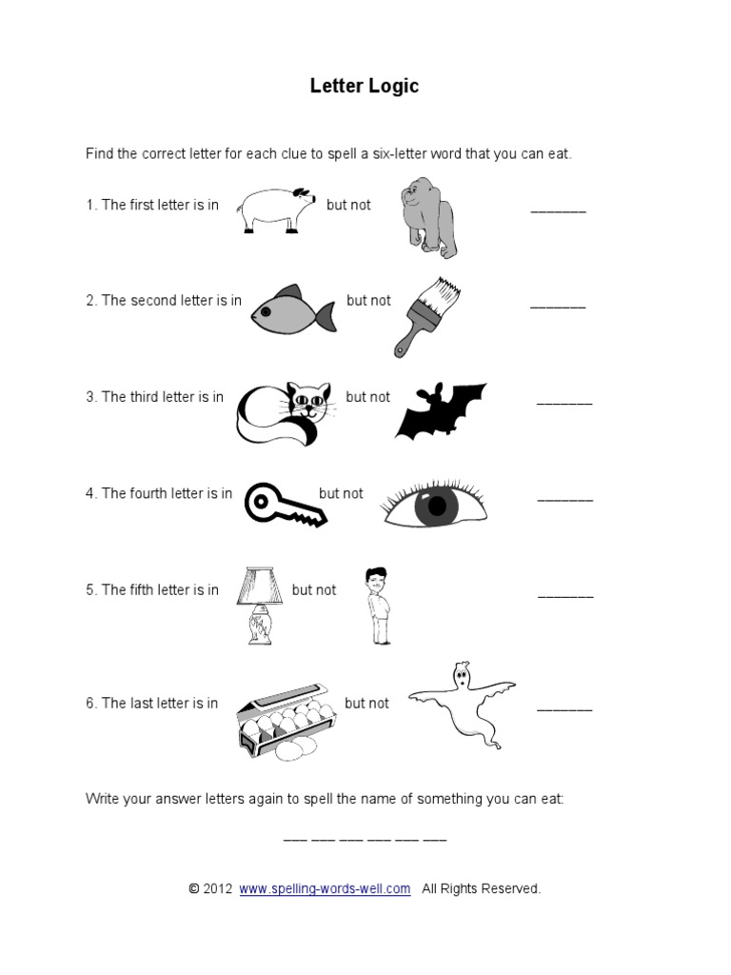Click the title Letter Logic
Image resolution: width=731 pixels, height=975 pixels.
coord(365,87)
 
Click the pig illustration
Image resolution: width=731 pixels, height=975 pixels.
coord(276,208)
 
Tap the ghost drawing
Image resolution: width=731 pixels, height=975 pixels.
coord(461,706)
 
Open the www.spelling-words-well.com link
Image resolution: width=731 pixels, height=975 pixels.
coord(325,888)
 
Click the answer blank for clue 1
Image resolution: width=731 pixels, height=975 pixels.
coord(558,209)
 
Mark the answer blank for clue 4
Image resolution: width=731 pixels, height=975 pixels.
coord(565,498)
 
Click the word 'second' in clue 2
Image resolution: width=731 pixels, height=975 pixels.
coord(154,301)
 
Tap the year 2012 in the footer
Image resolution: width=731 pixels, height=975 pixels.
coord(217,888)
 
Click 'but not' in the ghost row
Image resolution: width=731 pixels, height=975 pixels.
coord(366,704)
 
